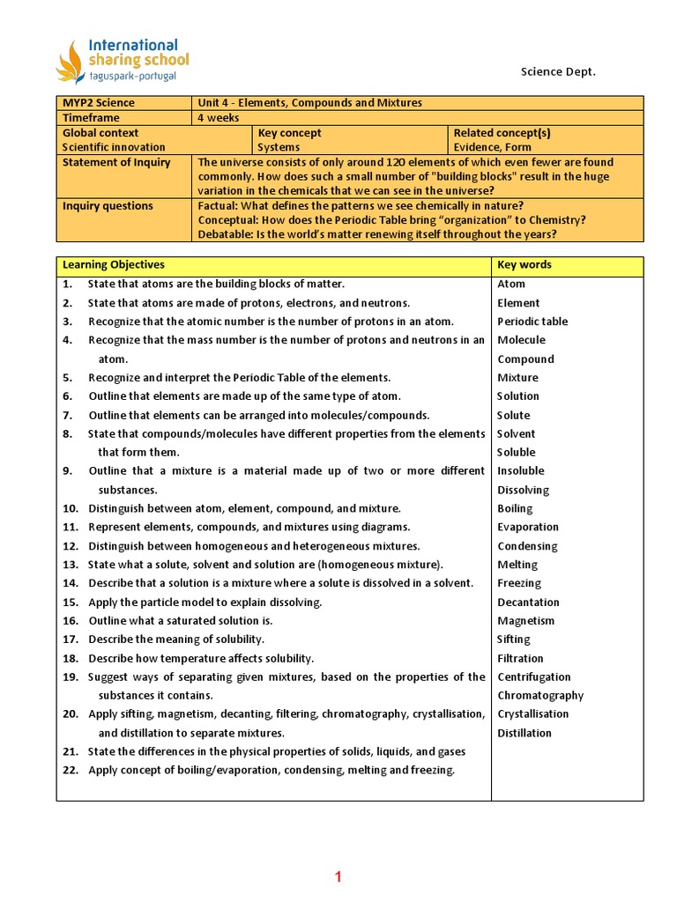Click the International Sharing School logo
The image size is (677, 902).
122,62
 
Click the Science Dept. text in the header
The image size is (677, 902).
558,71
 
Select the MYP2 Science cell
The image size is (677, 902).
99,103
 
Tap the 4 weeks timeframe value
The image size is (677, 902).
219,118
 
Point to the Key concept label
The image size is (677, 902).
289,133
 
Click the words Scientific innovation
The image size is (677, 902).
114,147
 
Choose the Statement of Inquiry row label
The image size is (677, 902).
116,162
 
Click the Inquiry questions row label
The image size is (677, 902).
108,206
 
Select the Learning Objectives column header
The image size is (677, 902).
114,264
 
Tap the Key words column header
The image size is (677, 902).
524,264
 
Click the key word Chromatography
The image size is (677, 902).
540,696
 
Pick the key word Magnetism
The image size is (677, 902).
526,621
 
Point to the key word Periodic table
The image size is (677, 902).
532,322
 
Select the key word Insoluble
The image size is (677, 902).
521,471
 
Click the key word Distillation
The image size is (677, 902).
524,733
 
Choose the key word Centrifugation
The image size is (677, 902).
534,677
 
